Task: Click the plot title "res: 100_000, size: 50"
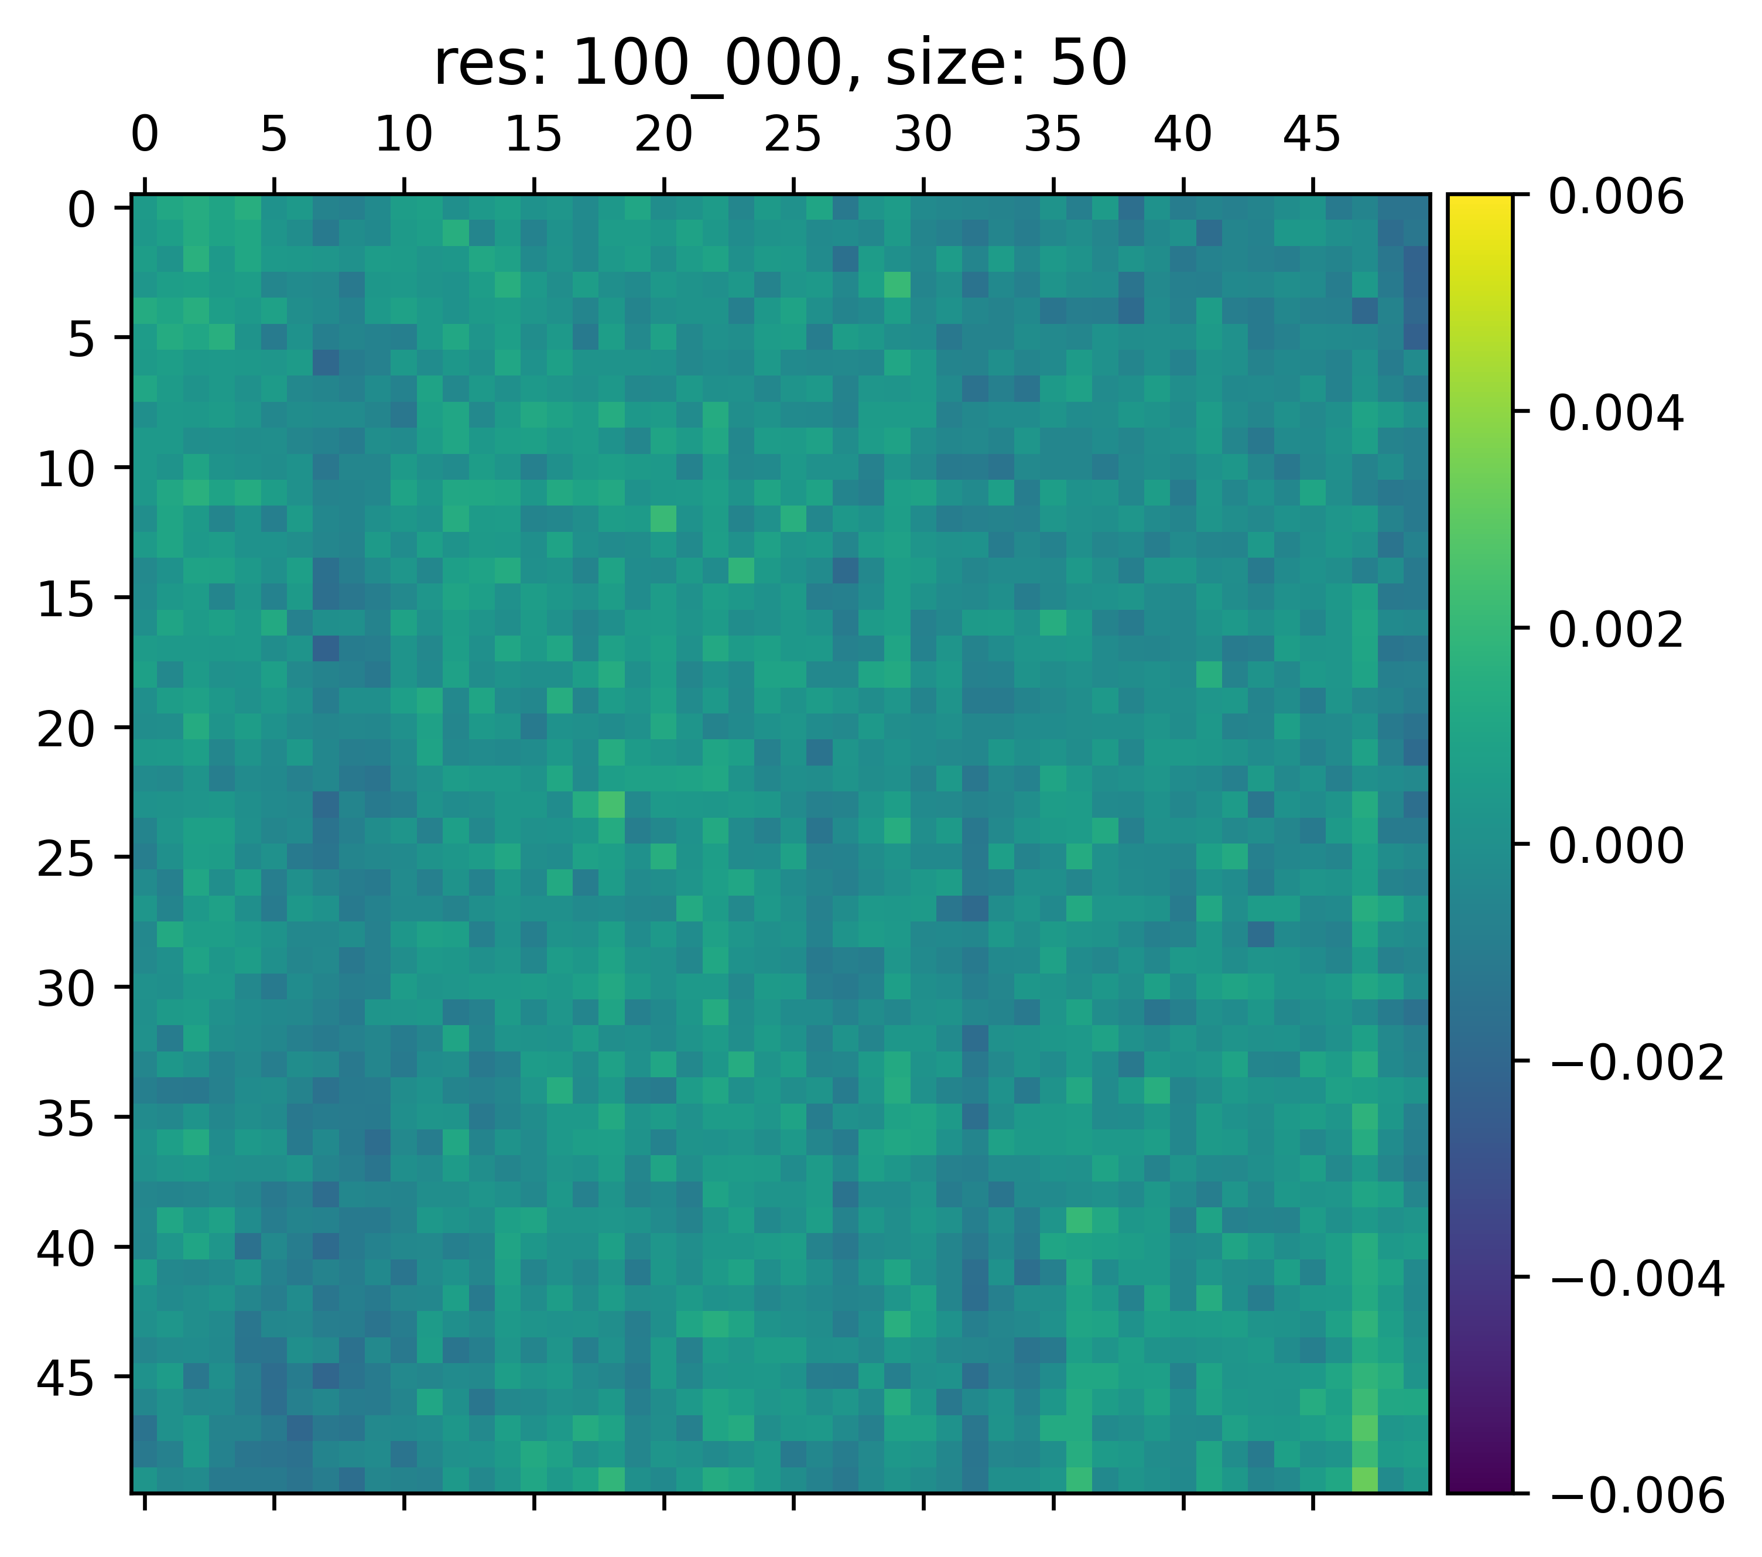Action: point(780,64)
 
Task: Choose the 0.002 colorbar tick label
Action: point(1616,630)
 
